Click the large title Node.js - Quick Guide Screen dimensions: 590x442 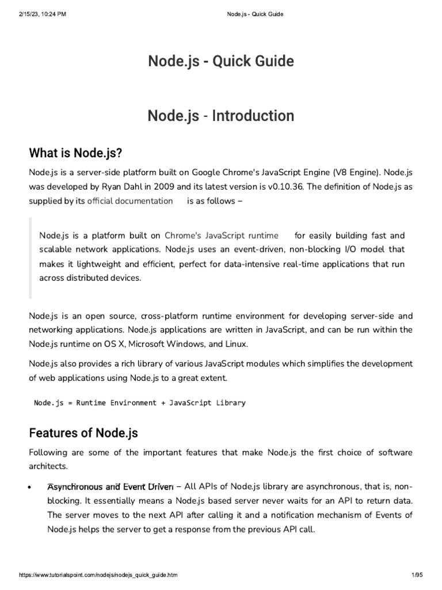click(221, 61)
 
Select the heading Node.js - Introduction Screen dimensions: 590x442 click(221, 116)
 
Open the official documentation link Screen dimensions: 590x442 click(129, 201)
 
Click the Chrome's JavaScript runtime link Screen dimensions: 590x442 click(221, 236)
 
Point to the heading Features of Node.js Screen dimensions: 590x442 click(83, 433)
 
